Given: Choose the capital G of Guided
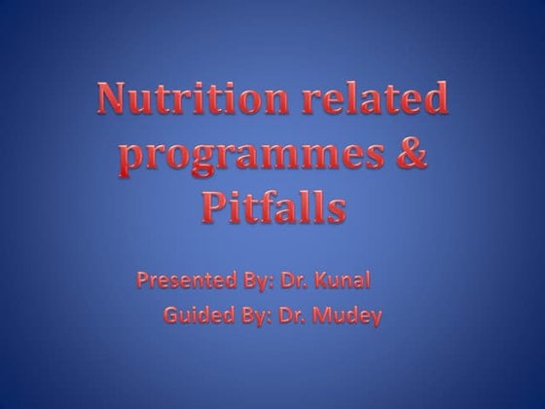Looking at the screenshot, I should [x=172, y=315].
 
